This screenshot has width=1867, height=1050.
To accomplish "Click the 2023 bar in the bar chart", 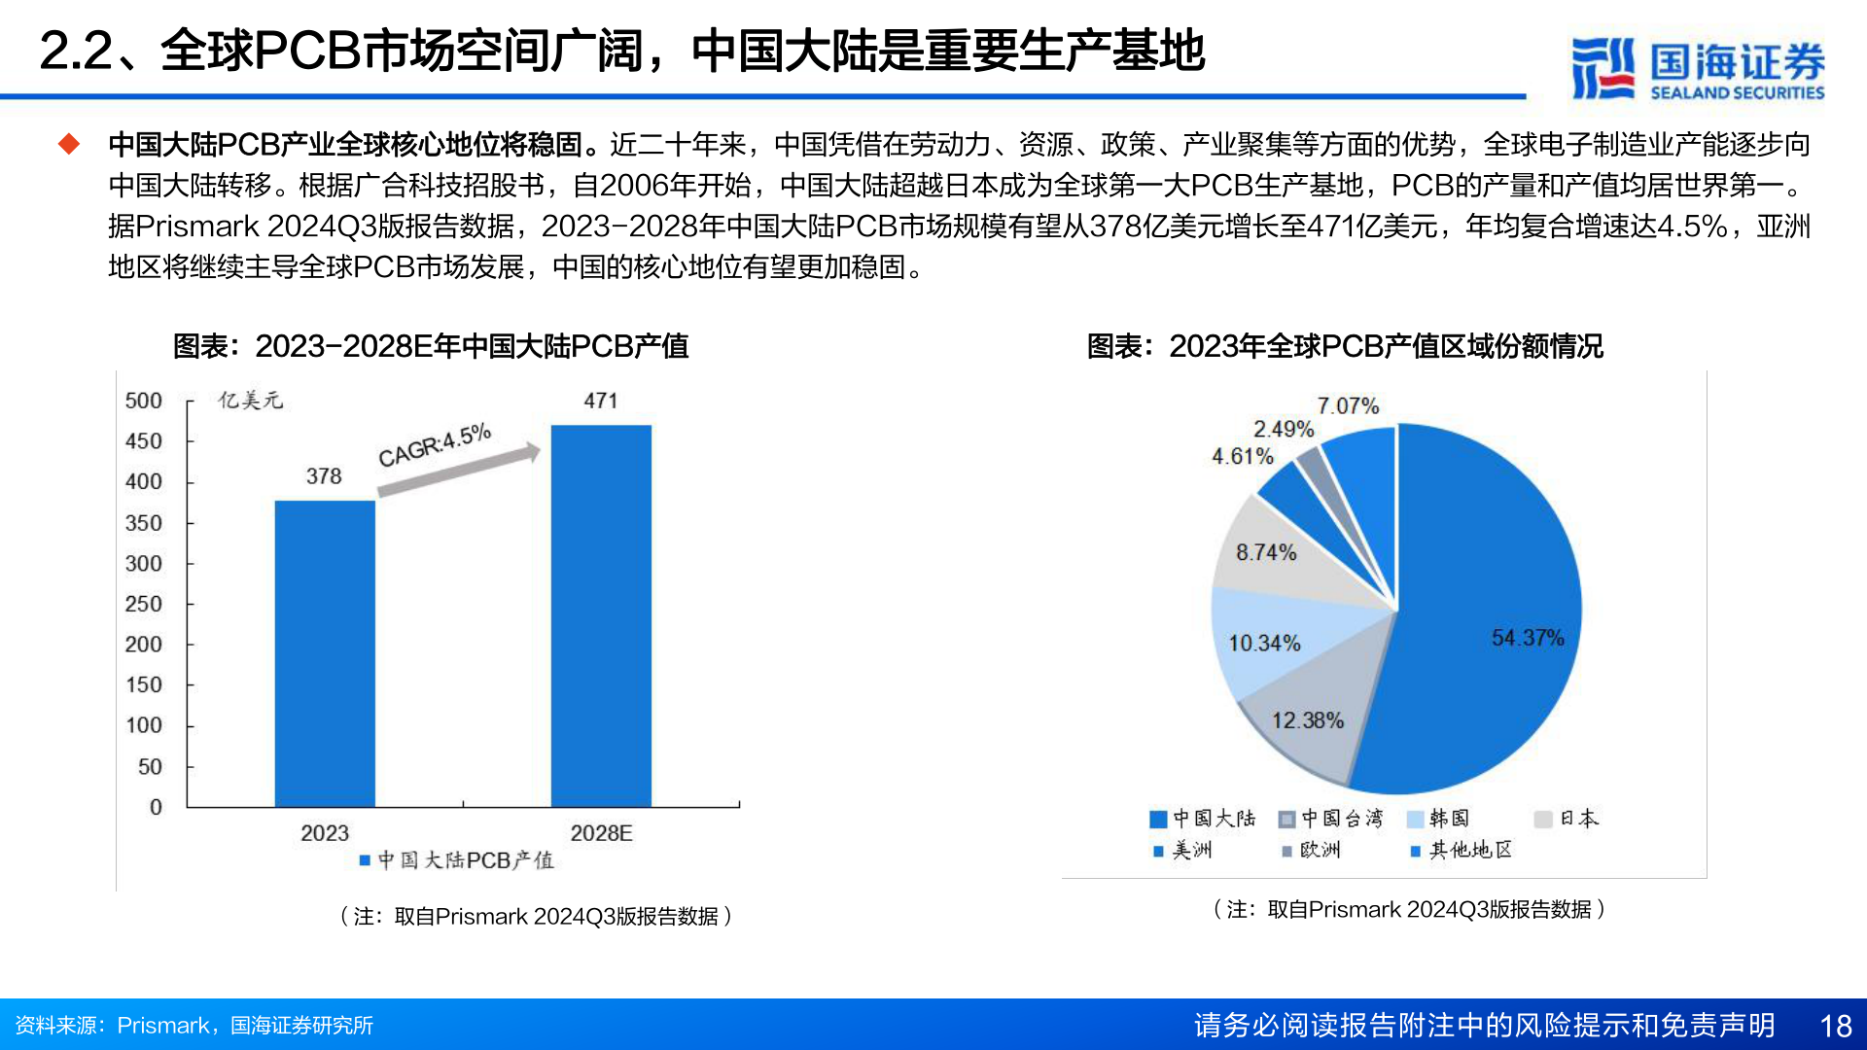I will click(325, 653).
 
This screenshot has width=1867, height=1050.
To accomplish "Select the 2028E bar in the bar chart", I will click(601, 615).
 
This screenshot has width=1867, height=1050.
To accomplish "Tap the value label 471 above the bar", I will click(600, 401).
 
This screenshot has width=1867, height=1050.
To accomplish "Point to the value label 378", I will click(324, 476).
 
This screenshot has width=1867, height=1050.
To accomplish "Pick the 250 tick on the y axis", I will click(144, 604).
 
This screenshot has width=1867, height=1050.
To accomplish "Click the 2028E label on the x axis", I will click(601, 833).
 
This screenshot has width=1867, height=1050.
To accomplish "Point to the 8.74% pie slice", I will click(1274, 554).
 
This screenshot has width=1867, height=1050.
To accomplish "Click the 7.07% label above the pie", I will click(1348, 405).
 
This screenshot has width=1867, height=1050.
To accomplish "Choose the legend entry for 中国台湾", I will click(1330, 819).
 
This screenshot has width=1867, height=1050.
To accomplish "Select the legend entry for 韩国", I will click(1439, 819).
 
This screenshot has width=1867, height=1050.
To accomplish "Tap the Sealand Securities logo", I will click(1698, 68).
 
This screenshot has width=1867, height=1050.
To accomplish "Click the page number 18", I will click(1835, 1026).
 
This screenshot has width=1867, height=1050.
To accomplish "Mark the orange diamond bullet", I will click(69, 144).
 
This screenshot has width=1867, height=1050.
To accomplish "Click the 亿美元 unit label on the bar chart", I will click(250, 401).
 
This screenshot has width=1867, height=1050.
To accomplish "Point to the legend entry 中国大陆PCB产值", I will click(457, 860).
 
